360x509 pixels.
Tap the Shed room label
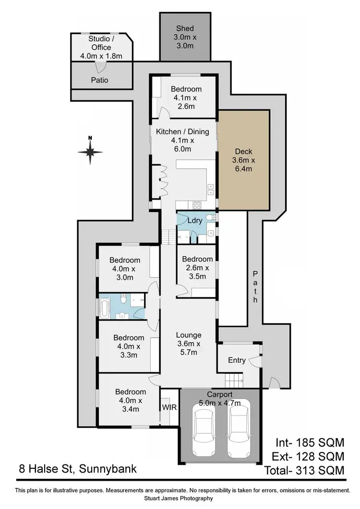pos(184,37)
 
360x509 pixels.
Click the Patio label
pos(99,80)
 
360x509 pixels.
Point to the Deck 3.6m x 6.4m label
pos(243,160)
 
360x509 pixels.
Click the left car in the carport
pos(205,428)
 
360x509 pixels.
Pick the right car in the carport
pos(239,428)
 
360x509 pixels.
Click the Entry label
pos(237,360)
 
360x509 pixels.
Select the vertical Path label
pos(255,286)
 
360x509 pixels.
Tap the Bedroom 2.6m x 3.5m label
pos(197,268)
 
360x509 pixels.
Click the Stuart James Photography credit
pos(182,498)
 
